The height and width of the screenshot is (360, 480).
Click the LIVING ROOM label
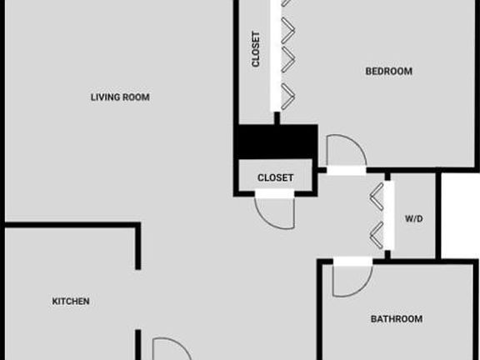pyautogui.click(x=120, y=97)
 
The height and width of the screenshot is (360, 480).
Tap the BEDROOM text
pyautogui.click(x=389, y=72)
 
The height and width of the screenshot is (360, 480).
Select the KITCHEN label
pyautogui.click(x=71, y=301)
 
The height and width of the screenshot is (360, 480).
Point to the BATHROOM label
pyautogui.click(x=397, y=319)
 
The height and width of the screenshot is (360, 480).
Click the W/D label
pyautogui.click(x=414, y=218)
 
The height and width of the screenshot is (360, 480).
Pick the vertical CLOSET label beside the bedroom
pyautogui.click(x=256, y=49)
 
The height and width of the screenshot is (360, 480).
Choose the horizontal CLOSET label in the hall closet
pyautogui.click(x=276, y=177)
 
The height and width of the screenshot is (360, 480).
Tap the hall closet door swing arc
pyautogui.click(x=267, y=220)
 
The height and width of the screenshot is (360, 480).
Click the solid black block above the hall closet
pyautogui.click(x=276, y=142)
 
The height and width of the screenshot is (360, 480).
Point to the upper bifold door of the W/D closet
pyautogui.click(x=377, y=197)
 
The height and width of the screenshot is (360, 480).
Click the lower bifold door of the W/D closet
pyautogui.click(x=377, y=235)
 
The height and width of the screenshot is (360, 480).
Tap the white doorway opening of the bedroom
pyautogui.click(x=346, y=171)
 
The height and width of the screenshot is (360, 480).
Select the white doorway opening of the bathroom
pyautogui.click(x=353, y=261)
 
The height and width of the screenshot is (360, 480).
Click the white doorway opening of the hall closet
pyautogui.click(x=275, y=193)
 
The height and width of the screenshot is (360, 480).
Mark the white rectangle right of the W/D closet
pyautogui.click(x=460, y=216)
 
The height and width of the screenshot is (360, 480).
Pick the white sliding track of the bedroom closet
pyautogui.click(x=276, y=56)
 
